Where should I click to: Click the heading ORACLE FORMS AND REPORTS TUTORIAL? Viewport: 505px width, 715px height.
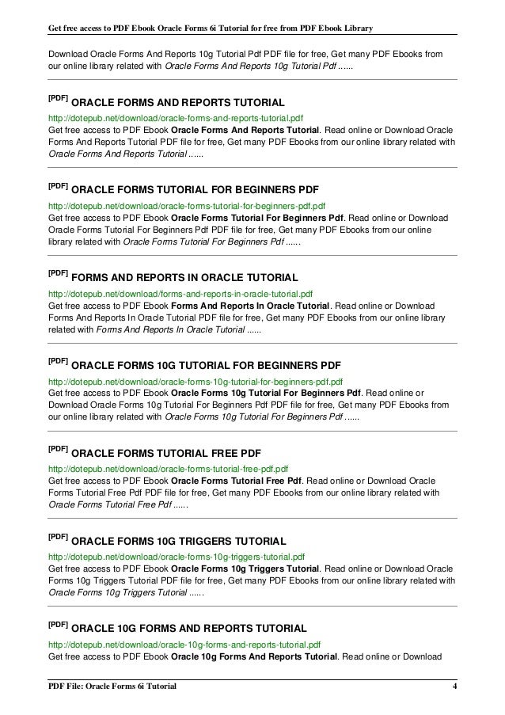pos(178,104)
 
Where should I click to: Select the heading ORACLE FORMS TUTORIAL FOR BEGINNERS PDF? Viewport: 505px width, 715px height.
pos(195,191)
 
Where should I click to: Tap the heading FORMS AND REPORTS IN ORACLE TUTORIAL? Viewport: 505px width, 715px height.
pos(184,278)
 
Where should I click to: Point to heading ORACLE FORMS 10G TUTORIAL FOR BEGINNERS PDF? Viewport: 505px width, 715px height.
pos(206,367)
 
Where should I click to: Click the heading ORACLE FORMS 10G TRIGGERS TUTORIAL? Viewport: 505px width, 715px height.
pos(179,542)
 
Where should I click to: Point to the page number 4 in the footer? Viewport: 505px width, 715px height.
pos(454,685)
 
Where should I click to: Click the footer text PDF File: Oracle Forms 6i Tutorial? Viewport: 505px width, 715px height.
pos(111,685)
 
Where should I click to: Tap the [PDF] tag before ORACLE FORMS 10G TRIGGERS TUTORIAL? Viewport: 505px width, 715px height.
pos(58,537)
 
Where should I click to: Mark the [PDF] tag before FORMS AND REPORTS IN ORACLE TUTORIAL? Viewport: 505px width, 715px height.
pos(58,273)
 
